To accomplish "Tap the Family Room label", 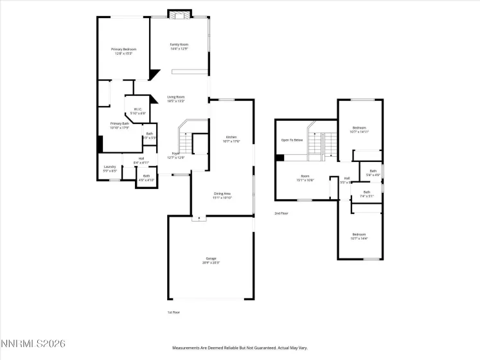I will pos(179,46).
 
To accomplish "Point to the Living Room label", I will pos(175,98).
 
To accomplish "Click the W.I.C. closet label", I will pos(138,111).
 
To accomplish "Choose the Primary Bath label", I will pos(120,125).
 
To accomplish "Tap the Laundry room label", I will pos(110,168).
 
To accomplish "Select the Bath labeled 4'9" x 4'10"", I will pos(146,177).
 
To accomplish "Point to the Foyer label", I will pos(175,155).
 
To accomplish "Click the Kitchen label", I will pos(231,139).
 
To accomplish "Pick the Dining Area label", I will pos(222,195).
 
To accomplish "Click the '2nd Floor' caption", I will pos(281,213).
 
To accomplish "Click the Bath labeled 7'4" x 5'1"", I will pos(367,194).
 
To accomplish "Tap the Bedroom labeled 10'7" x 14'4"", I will pos(359,236).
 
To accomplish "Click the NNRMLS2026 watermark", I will pos(33,345).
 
